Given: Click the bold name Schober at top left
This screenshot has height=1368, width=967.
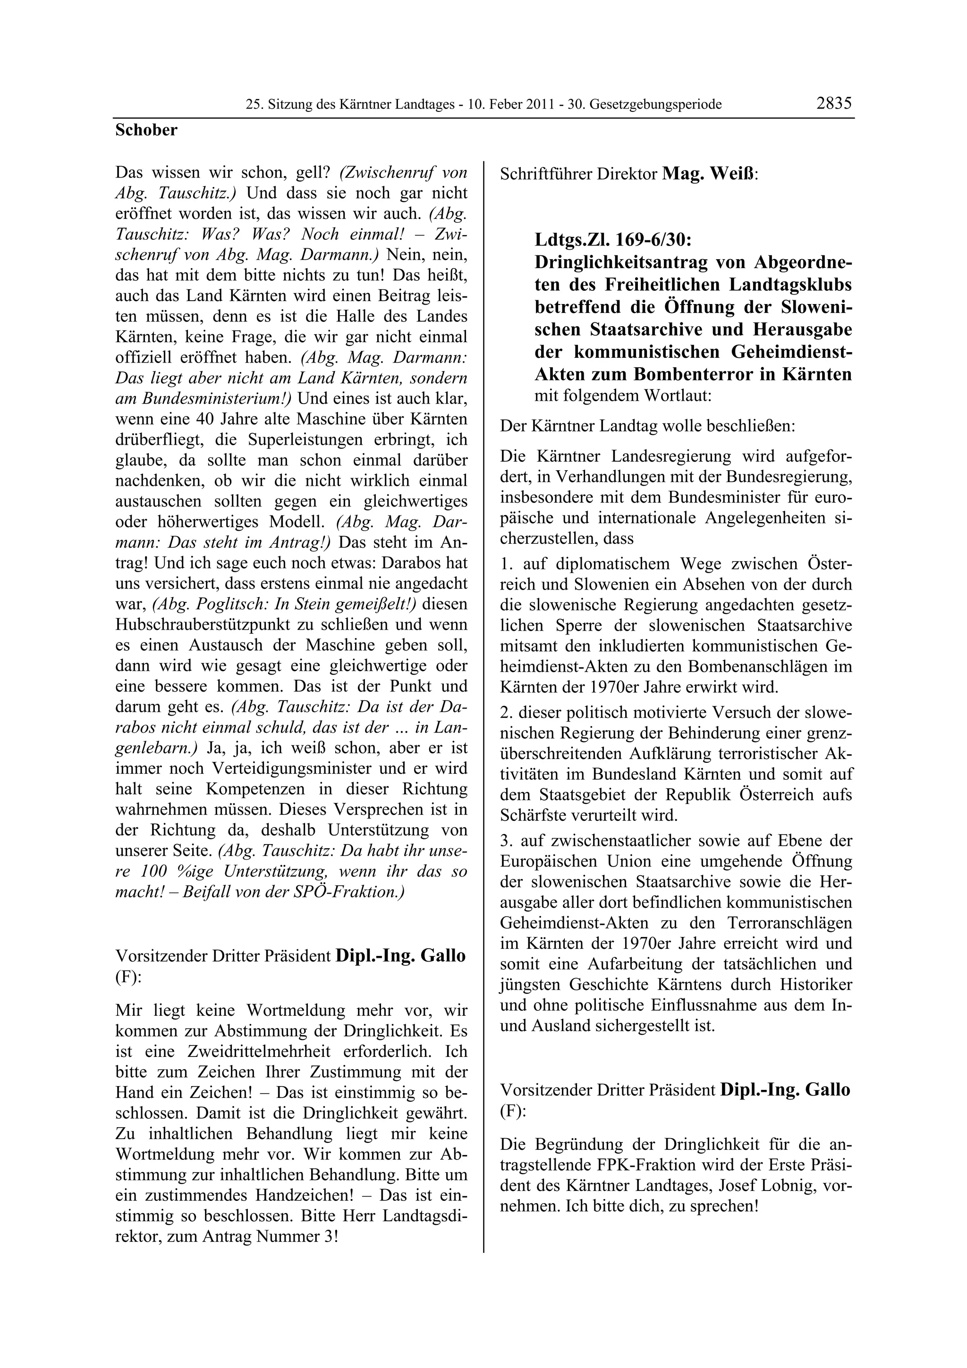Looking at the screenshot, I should pos(146,130).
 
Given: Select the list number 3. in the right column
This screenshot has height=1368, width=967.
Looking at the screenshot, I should pos(507,841).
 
